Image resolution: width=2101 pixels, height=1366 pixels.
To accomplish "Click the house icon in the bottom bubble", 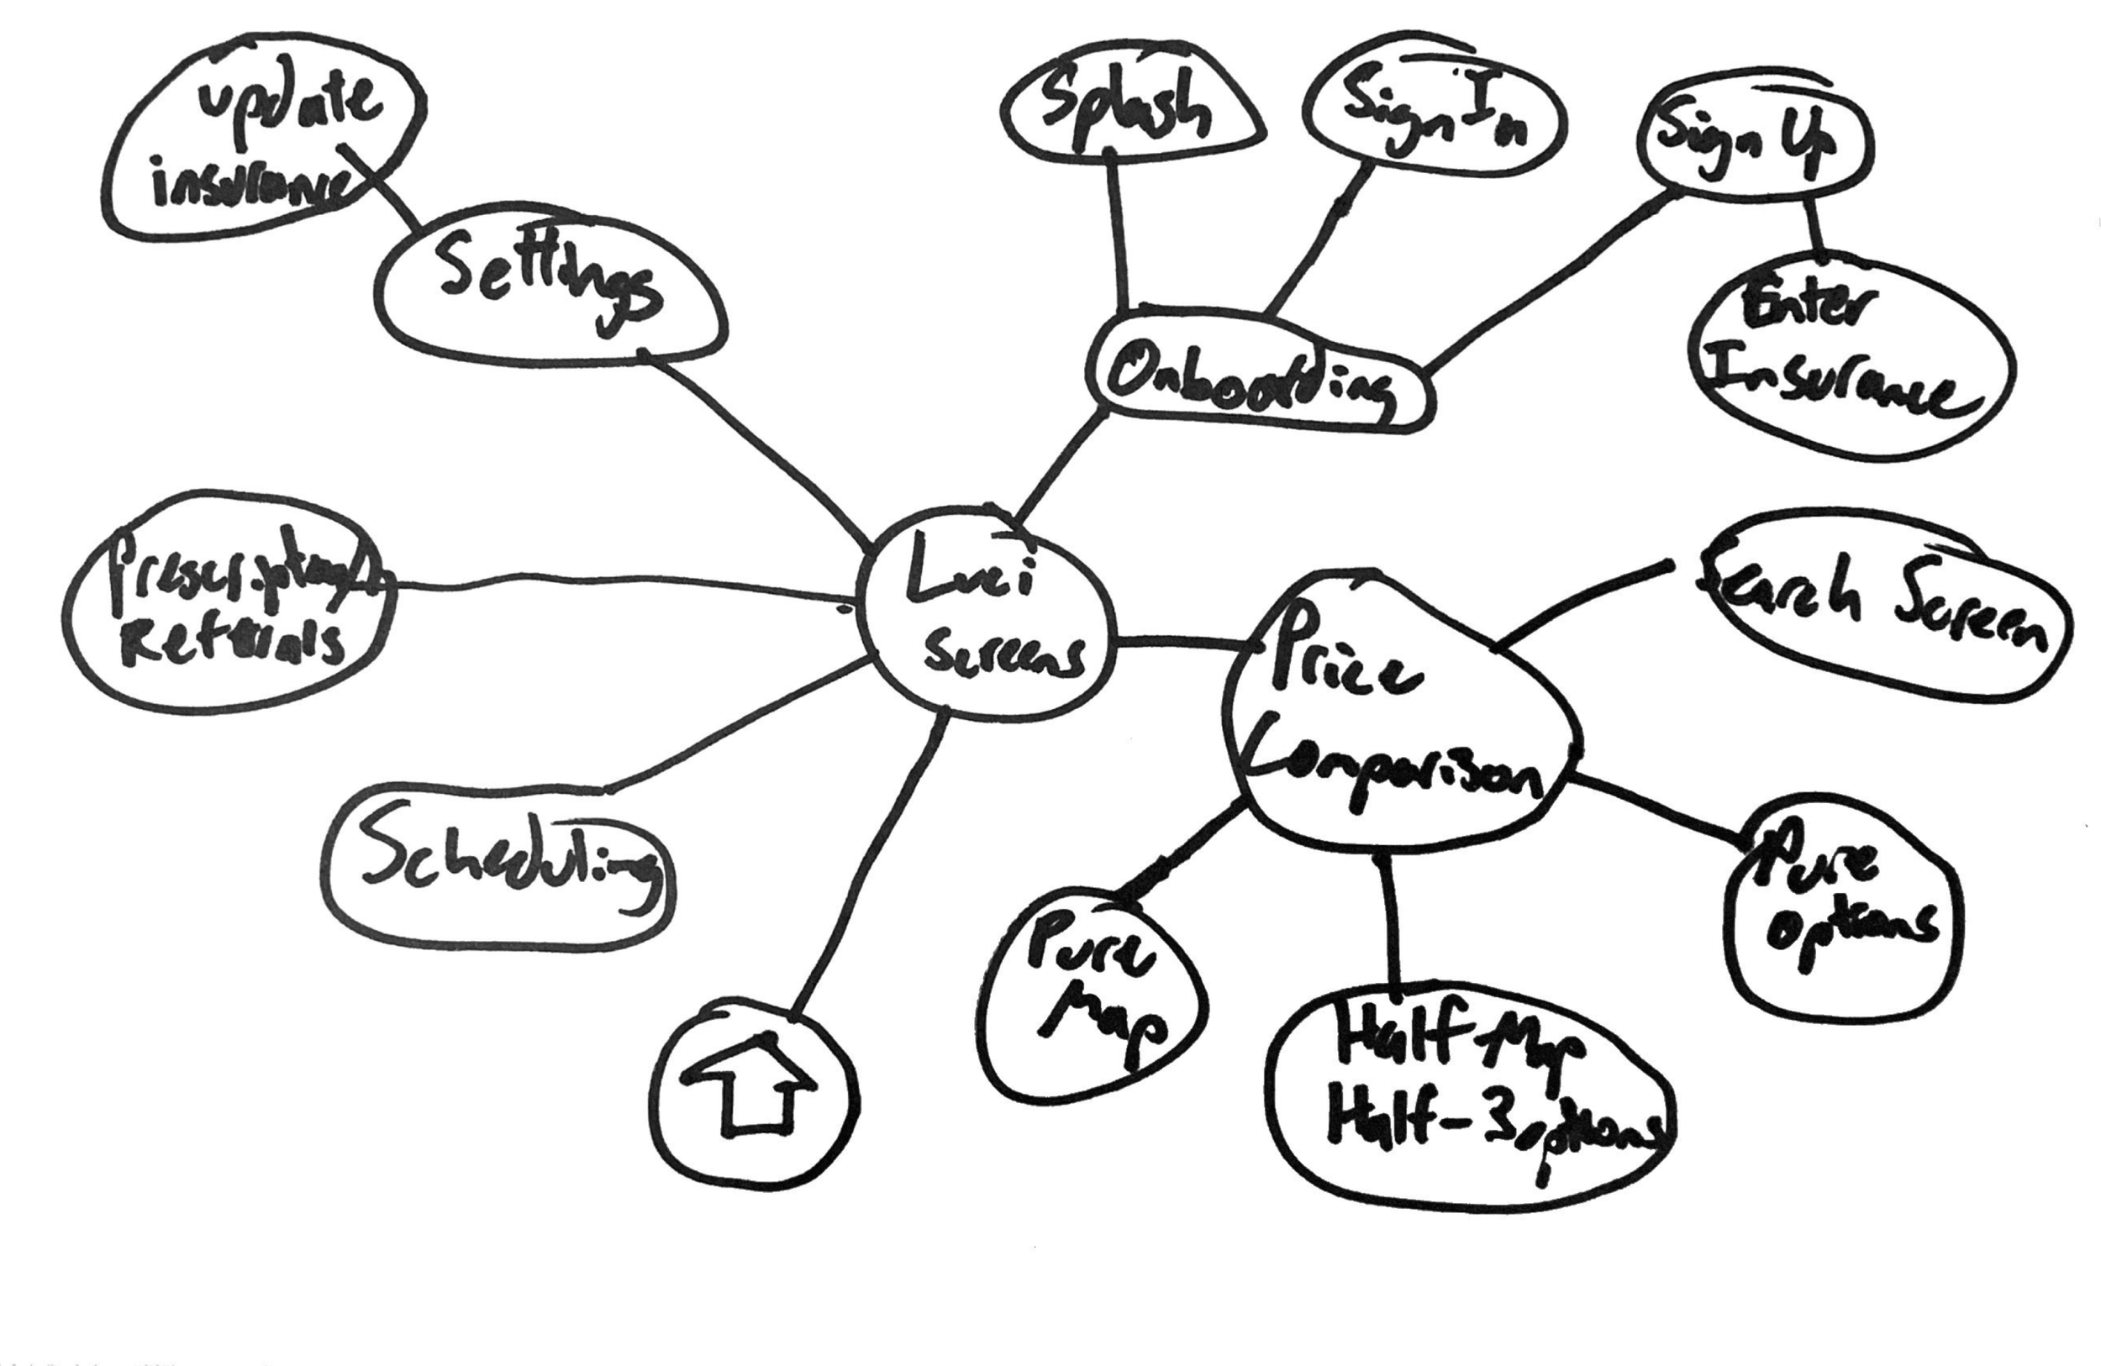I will pyautogui.click(x=751, y=1088).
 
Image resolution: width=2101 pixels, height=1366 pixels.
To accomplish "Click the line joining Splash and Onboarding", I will pyautogui.click(x=1117, y=229).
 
